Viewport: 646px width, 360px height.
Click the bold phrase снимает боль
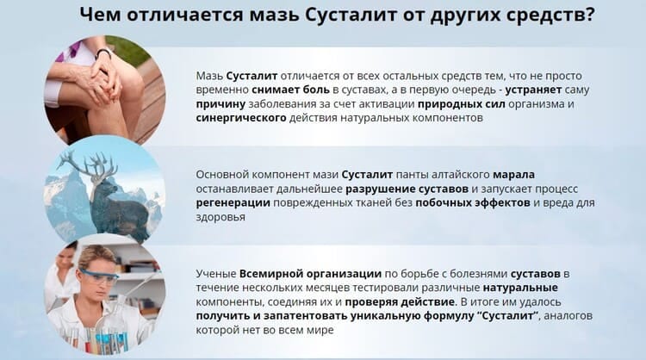(x=290, y=90)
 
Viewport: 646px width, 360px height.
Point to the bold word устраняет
(x=533, y=90)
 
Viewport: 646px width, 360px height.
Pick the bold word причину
(x=221, y=104)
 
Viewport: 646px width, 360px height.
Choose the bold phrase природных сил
(x=461, y=104)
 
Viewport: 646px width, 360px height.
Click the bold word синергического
(x=241, y=118)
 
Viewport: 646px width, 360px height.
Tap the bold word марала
(x=513, y=175)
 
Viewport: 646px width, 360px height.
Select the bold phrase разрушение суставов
(x=407, y=189)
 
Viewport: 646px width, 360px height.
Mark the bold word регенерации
(x=233, y=203)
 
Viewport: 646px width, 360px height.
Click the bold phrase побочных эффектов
(x=473, y=202)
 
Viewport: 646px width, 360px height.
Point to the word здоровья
(x=221, y=217)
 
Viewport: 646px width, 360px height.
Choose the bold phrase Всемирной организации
(x=310, y=274)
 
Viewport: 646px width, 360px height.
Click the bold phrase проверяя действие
(x=400, y=302)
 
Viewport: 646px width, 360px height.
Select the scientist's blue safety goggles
(x=98, y=275)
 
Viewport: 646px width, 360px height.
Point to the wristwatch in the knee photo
(x=103, y=54)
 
